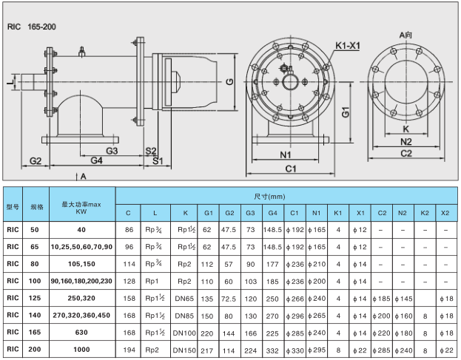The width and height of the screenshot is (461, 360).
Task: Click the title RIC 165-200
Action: click(31, 27)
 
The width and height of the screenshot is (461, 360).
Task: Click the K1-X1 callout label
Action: click(346, 47)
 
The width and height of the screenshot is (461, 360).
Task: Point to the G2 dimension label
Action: click(35, 160)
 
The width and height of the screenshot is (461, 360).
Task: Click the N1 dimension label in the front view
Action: click(286, 155)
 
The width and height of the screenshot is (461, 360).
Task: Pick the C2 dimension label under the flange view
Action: click(406, 153)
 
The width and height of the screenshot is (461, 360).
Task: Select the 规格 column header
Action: click(36, 206)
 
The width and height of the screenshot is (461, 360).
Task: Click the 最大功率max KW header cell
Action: click(81, 206)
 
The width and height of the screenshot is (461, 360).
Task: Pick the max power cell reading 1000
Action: click(81, 349)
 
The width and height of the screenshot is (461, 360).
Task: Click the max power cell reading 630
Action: click(81, 333)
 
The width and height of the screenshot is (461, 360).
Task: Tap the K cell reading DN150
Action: click(185, 349)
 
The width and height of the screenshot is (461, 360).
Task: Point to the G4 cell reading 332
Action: click(272, 349)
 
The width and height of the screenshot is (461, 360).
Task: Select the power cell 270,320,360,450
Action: click(81, 316)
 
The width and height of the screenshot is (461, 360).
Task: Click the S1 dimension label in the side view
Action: click(157, 160)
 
